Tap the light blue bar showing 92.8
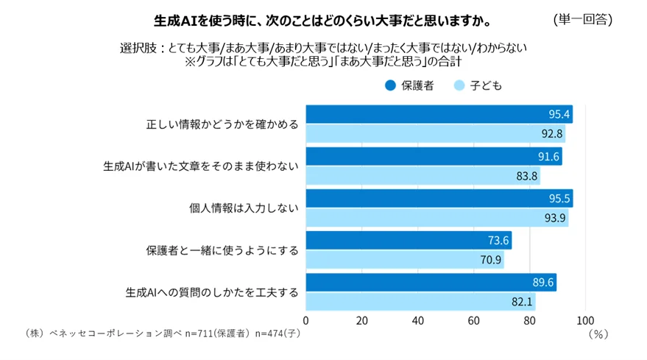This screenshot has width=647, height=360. (434, 134)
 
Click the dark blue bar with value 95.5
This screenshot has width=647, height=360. (439, 199)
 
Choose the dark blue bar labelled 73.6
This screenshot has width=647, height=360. (408, 241)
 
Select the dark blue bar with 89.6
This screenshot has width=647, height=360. (431, 283)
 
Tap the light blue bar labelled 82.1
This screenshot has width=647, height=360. (420, 302)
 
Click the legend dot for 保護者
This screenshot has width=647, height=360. (390, 85)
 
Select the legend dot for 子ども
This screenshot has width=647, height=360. (459, 85)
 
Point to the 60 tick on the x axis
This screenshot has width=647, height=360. (473, 321)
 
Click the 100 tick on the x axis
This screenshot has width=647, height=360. (585, 321)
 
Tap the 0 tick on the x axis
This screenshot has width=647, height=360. (306, 321)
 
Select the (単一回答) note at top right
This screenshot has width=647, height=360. (581, 18)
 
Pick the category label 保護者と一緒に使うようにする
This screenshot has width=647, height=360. (222, 250)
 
